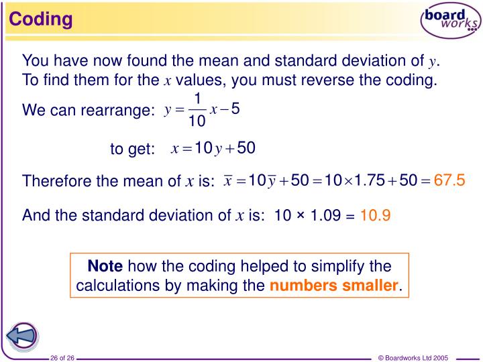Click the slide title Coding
tap(41, 18)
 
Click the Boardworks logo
tap(449, 21)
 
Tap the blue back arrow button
tap(21, 335)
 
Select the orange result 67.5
tap(449, 180)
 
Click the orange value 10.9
tap(376, 215)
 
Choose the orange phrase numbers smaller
tap(334, 286)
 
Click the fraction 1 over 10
tap(197, 111)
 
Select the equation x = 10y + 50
tap(213, 148)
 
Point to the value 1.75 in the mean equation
tap(369, 180)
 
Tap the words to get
tap(132, 149)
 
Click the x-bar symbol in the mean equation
tap(228, 180)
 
